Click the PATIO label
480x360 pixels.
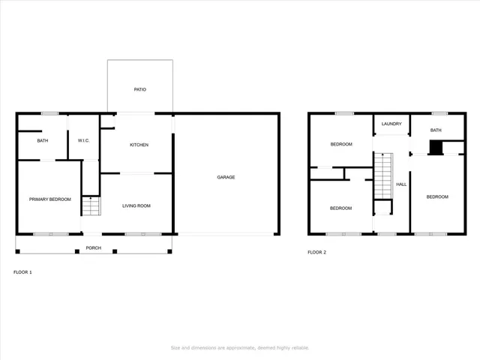139,89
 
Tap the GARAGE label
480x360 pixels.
226,177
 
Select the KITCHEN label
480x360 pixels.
139,145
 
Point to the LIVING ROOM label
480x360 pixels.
137,205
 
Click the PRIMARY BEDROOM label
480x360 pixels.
49,199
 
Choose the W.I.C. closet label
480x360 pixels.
83,140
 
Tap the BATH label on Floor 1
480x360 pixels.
43,140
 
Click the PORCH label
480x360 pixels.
93,247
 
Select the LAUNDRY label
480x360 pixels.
391,124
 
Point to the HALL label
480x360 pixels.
401,184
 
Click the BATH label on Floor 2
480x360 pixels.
436,130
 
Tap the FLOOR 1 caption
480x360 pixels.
23,272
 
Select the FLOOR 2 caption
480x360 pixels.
316,252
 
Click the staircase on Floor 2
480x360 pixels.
383,174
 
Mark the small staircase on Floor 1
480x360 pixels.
91,205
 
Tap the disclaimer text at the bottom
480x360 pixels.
240,347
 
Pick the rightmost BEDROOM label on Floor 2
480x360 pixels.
437,196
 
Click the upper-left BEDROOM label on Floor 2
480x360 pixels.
341,144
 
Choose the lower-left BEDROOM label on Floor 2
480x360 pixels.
341,208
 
